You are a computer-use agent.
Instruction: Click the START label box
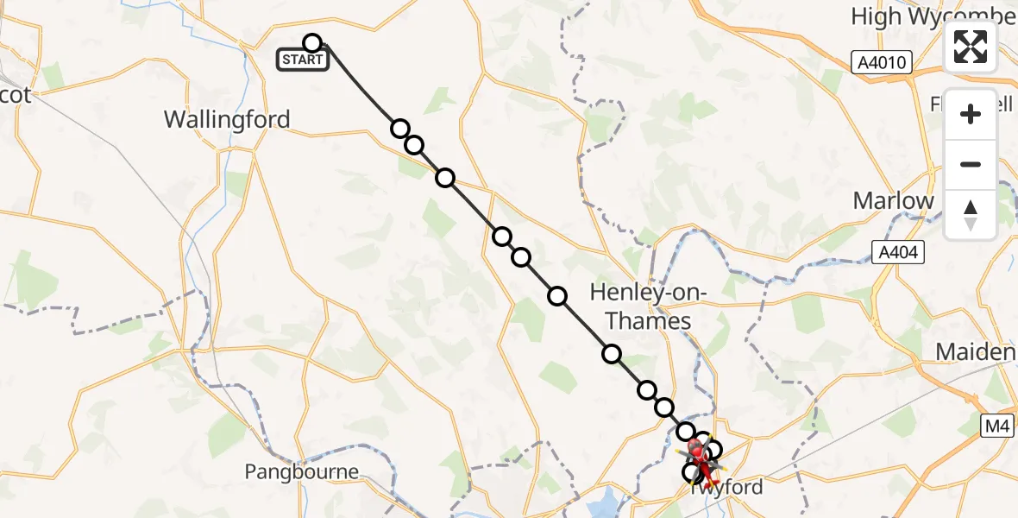tap(302, 60)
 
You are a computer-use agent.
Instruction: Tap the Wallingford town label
tap(227, 119)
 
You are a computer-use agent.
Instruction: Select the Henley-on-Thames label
tap(648, 307)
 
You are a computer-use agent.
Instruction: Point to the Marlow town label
tap(893, 201)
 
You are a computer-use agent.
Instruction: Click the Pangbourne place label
tap(301, 471)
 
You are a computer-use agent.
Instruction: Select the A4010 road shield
tap(880, 61)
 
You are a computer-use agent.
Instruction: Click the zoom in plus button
tap(971, 114)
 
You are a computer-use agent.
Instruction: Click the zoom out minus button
tap(971, 164)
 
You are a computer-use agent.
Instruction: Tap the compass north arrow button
tap(971, 214)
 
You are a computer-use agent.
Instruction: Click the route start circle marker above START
tap(312, 43)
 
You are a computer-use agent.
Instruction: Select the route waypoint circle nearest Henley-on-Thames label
tap(612, 353)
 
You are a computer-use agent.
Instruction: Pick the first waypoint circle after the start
tap(399, 129)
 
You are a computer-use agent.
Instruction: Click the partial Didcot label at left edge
tap(15, 95)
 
